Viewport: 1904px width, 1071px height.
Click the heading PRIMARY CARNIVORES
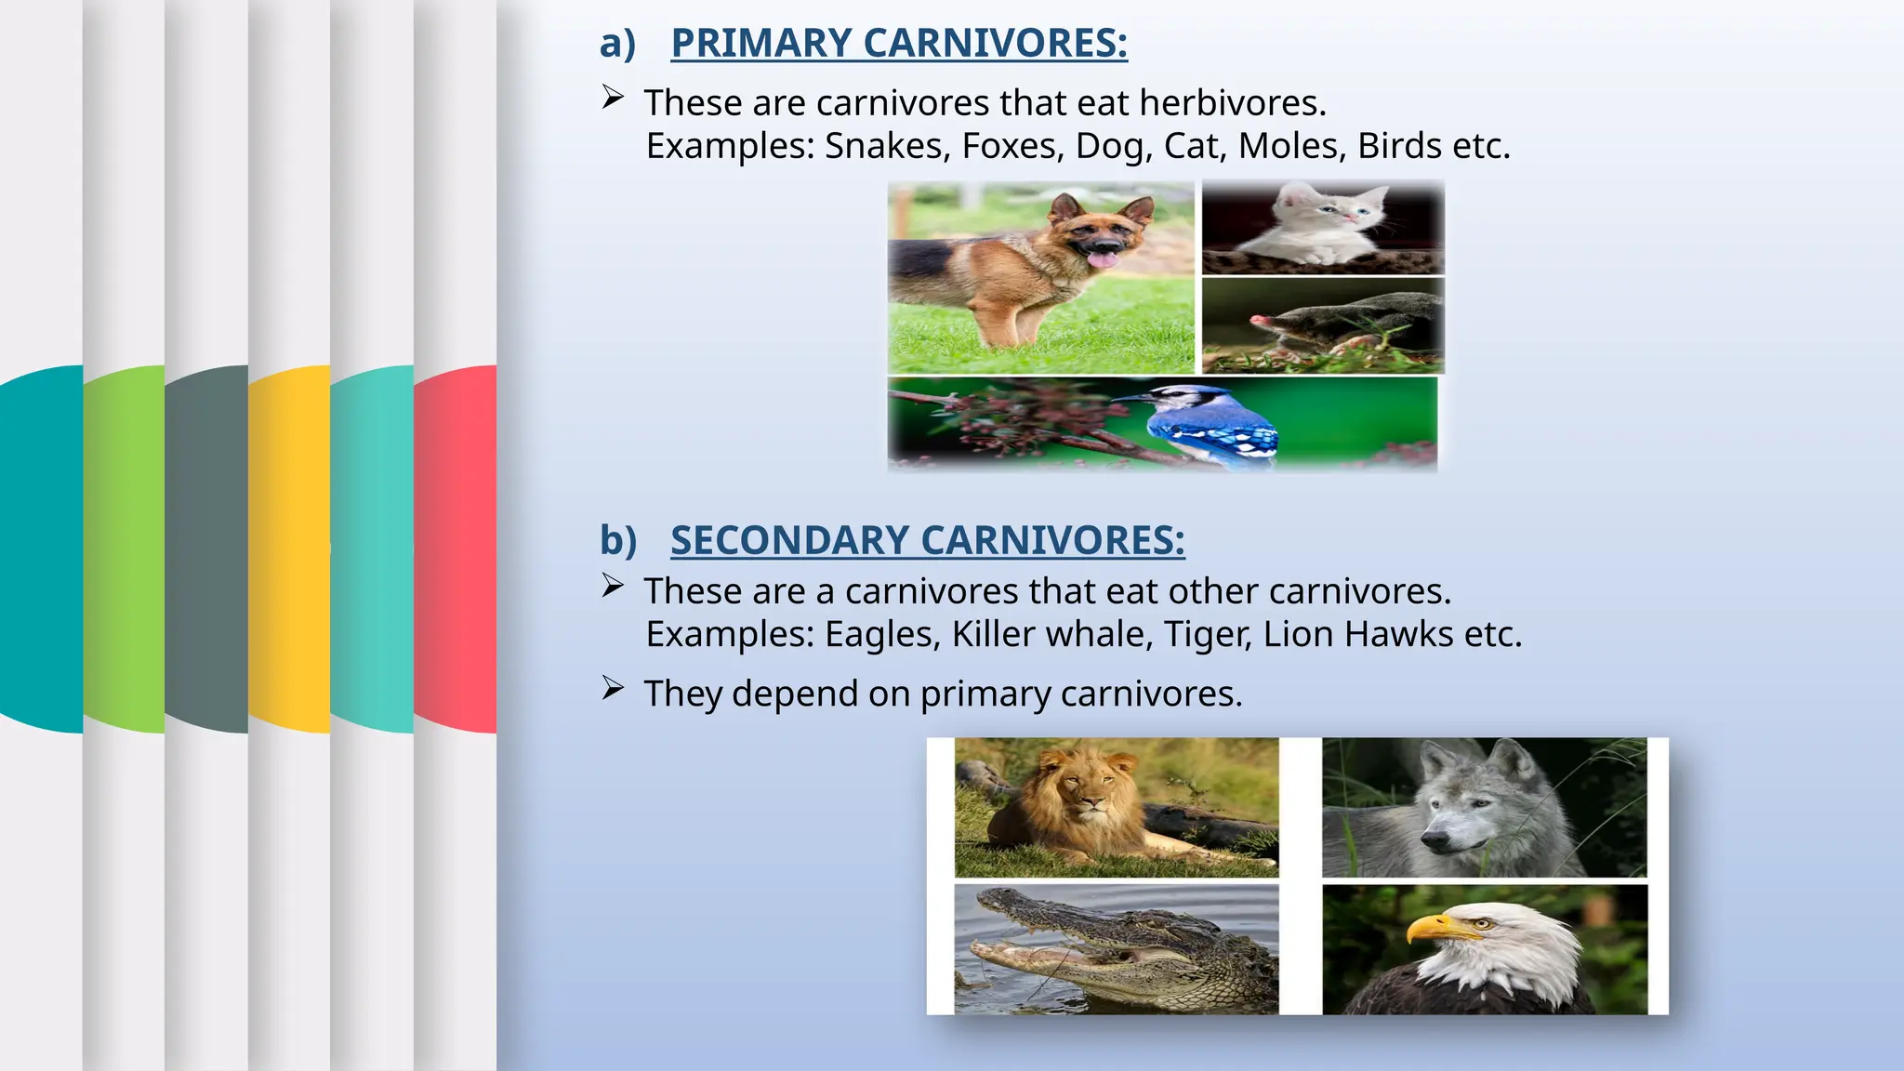click(x=898, y=44)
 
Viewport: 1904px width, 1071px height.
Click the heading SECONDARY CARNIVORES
click(x=927, y=541)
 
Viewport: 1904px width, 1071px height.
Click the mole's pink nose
click(x=1258, y=322)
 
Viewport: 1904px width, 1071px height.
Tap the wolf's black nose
click(x=1430, y=843)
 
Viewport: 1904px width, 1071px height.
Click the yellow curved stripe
click(x=289, y=549)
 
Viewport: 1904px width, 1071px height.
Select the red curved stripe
click(x=455, y=549)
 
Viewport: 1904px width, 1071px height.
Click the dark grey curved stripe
click(x=206, y=549)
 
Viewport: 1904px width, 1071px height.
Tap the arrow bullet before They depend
click(x=612, y=689)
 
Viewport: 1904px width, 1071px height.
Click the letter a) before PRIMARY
click(x=617, y=44)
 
